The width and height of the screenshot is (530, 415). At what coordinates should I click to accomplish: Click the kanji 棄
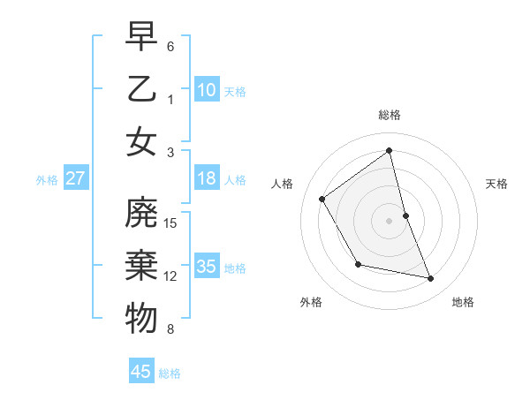click(141, 266)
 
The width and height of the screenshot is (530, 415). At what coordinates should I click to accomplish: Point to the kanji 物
click(141, 319)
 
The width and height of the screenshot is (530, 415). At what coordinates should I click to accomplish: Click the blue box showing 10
click(207, 89)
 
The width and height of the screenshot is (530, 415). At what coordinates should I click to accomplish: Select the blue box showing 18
click(207, 178)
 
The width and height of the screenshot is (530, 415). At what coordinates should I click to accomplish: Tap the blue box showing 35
click(207, 267)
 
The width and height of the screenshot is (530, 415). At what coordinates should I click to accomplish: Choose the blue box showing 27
click(76, 178)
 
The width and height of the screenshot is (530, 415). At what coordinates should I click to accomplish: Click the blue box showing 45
click(141, 372)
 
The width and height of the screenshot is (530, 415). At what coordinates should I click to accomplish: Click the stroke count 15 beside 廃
click(171, 223)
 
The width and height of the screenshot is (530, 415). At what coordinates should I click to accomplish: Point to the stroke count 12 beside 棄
click(171, 276)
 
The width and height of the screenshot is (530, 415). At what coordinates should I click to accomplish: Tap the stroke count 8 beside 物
click(170, 329)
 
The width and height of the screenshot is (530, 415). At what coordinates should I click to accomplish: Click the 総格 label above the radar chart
click(390, 115)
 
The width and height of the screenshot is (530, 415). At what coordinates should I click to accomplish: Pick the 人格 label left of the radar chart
click(283, 184)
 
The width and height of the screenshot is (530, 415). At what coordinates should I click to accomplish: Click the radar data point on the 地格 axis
click(431, 279)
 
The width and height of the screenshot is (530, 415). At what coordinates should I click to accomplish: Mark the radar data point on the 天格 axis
click(405, 215)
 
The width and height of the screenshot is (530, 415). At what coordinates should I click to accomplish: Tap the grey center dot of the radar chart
click(390, 220)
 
